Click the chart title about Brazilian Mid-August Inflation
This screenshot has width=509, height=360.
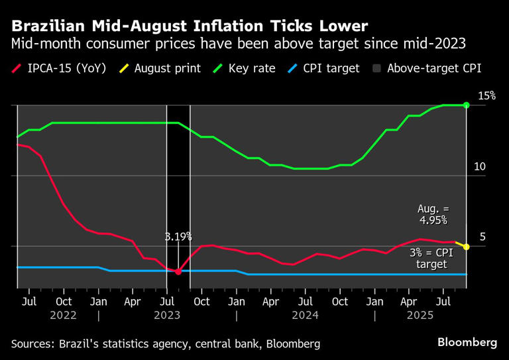189,27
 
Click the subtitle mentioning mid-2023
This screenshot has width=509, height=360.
238,44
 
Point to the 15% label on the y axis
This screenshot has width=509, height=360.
487,96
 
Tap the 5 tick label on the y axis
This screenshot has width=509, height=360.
482,237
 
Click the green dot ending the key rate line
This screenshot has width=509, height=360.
467,105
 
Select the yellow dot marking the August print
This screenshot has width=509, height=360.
467,247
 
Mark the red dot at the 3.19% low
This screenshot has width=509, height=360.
178,272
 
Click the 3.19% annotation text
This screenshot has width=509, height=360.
178,236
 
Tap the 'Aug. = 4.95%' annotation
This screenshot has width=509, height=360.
432,214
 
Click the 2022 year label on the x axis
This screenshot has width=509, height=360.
64,316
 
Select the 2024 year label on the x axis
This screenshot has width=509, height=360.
306,316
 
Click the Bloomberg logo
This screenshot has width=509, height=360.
467,342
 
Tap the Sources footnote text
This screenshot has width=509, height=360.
166,343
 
